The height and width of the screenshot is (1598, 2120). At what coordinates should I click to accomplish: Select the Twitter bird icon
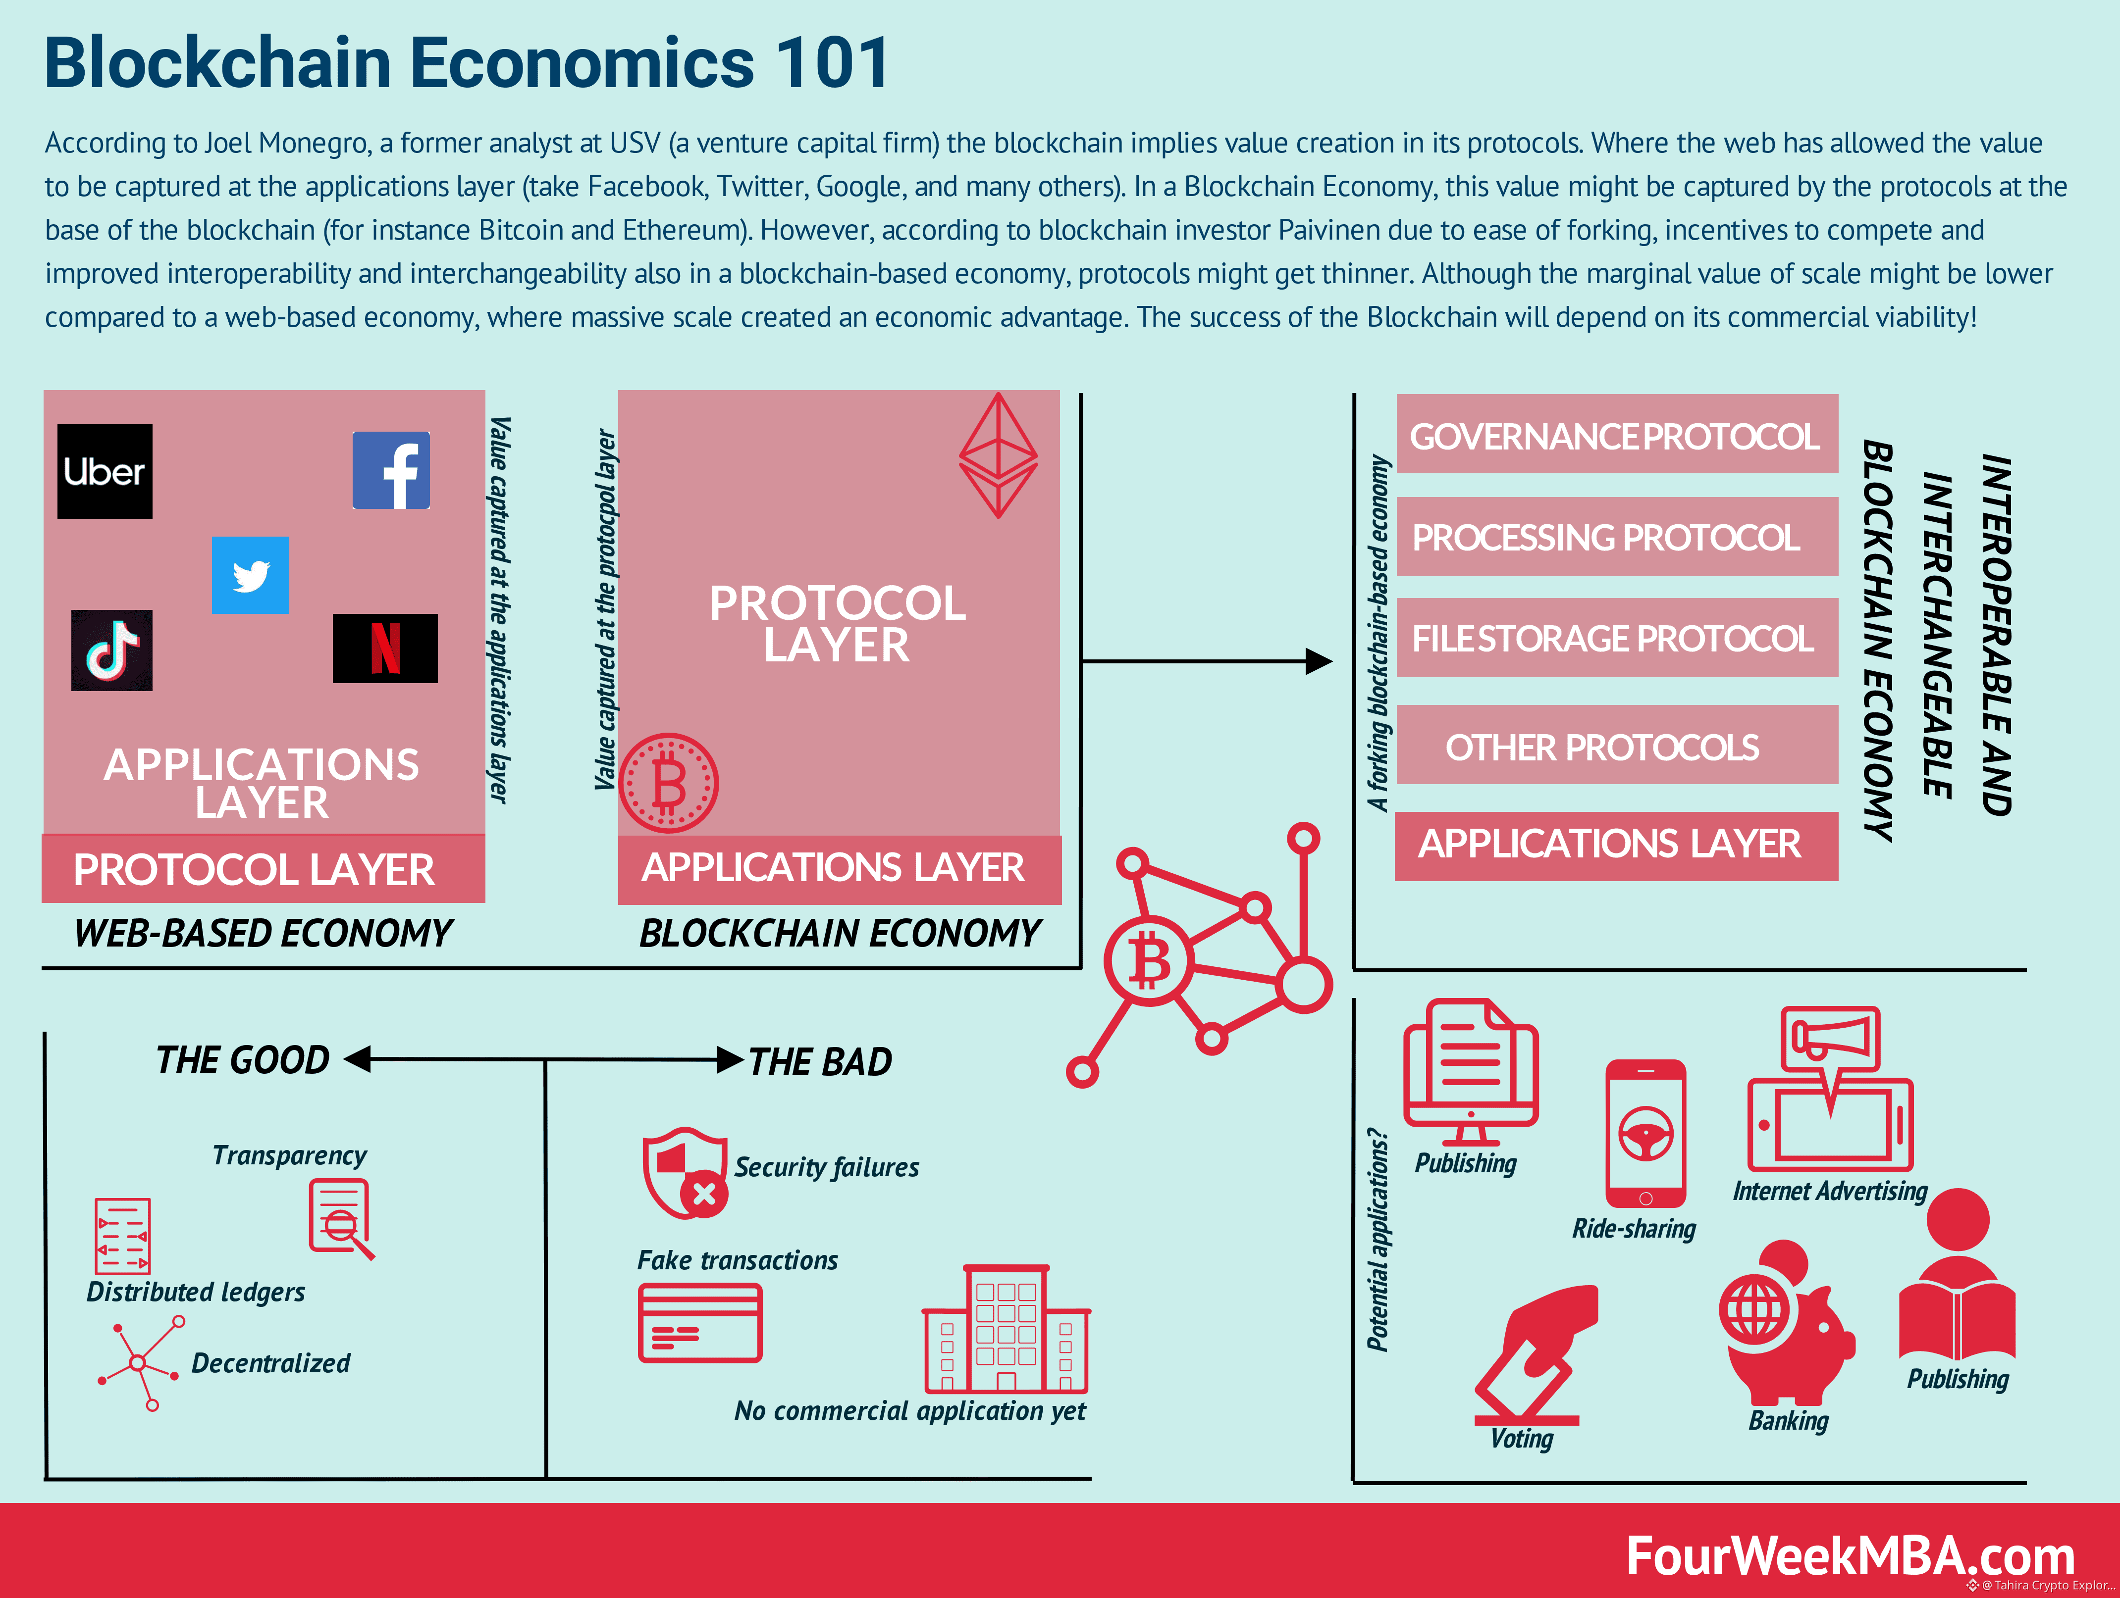click(250, 575)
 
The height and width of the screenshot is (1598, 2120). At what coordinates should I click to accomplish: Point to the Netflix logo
click(385, 649)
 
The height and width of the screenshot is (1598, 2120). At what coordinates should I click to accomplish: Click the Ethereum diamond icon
click(998, 455)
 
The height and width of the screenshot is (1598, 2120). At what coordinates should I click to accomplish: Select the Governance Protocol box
click(1617, 434)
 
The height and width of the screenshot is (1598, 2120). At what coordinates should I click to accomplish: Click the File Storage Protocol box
click(1617, 638)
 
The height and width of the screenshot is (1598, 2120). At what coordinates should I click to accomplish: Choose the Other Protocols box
click(1617, 746)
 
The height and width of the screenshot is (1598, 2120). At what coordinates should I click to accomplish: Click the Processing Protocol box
click(1617, 537)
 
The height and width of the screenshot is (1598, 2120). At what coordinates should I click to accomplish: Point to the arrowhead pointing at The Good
click(357, 1058)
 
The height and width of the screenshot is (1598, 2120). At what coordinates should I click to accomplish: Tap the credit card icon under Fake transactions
click(700, 1323)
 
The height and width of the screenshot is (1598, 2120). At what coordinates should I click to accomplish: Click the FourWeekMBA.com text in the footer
click(1850, 1556)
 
